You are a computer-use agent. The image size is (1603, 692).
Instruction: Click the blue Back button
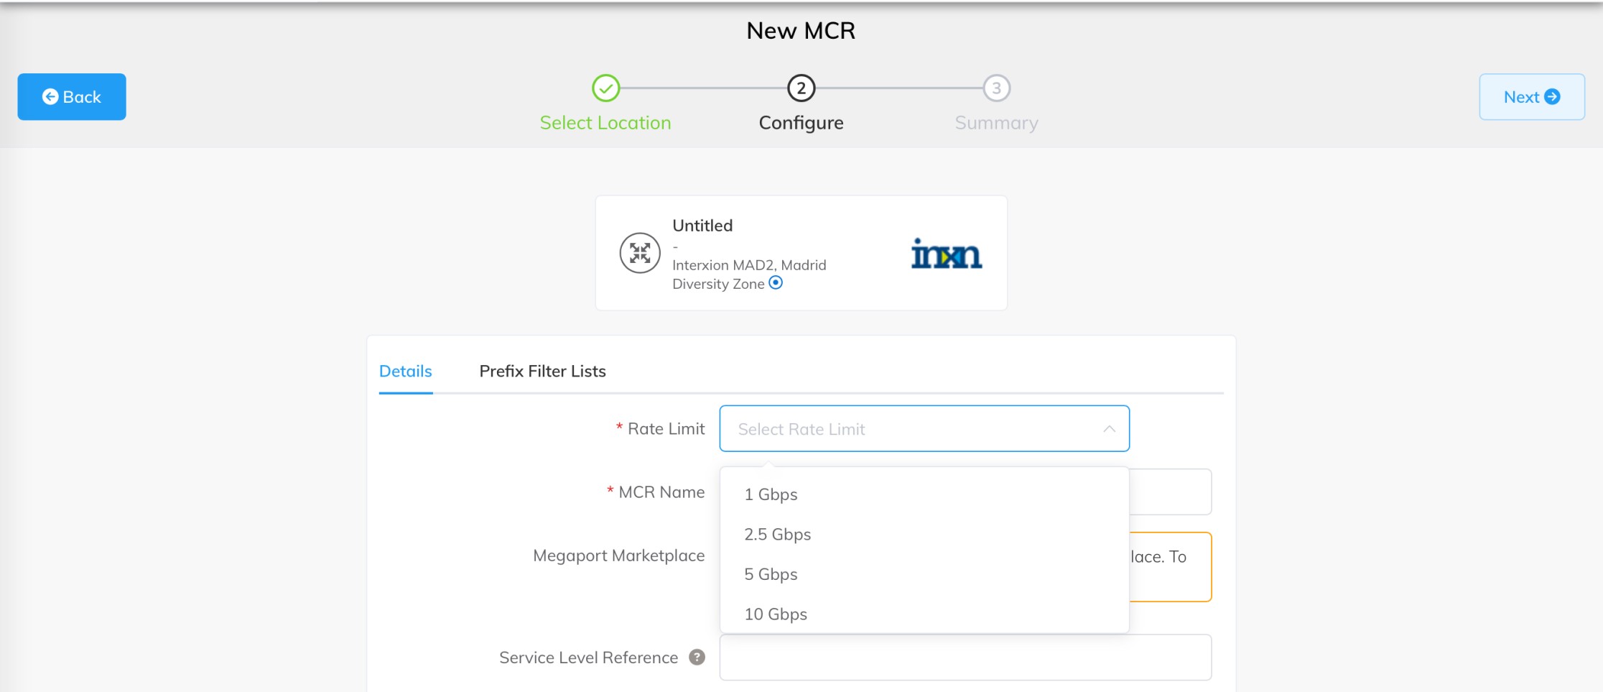72,96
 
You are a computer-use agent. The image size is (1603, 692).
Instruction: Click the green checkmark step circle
605,88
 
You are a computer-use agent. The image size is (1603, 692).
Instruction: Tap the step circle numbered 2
801,88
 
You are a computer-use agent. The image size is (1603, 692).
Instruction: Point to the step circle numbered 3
996,88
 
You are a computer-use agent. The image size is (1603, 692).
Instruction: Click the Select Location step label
605,123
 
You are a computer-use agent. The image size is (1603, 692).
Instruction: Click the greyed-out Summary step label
996,123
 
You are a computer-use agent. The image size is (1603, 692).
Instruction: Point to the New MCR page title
801,31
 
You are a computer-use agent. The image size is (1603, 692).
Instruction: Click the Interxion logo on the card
946,254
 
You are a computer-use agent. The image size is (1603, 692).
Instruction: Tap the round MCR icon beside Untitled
640,253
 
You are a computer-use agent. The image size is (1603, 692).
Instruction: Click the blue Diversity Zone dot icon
776,282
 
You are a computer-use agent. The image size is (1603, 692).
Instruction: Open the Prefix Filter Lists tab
542,372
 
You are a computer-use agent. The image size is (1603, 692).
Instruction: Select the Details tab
406,372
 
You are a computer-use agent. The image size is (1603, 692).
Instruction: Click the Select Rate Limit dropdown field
924,429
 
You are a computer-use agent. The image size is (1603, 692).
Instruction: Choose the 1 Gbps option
771,494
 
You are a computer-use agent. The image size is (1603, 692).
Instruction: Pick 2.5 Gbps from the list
778,535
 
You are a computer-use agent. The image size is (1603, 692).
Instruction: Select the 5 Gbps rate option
771,574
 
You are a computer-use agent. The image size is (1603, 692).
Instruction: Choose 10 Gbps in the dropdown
776,614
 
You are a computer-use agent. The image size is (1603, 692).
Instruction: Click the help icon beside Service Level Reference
697,657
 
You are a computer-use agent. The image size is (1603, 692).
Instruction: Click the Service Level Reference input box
965,658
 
